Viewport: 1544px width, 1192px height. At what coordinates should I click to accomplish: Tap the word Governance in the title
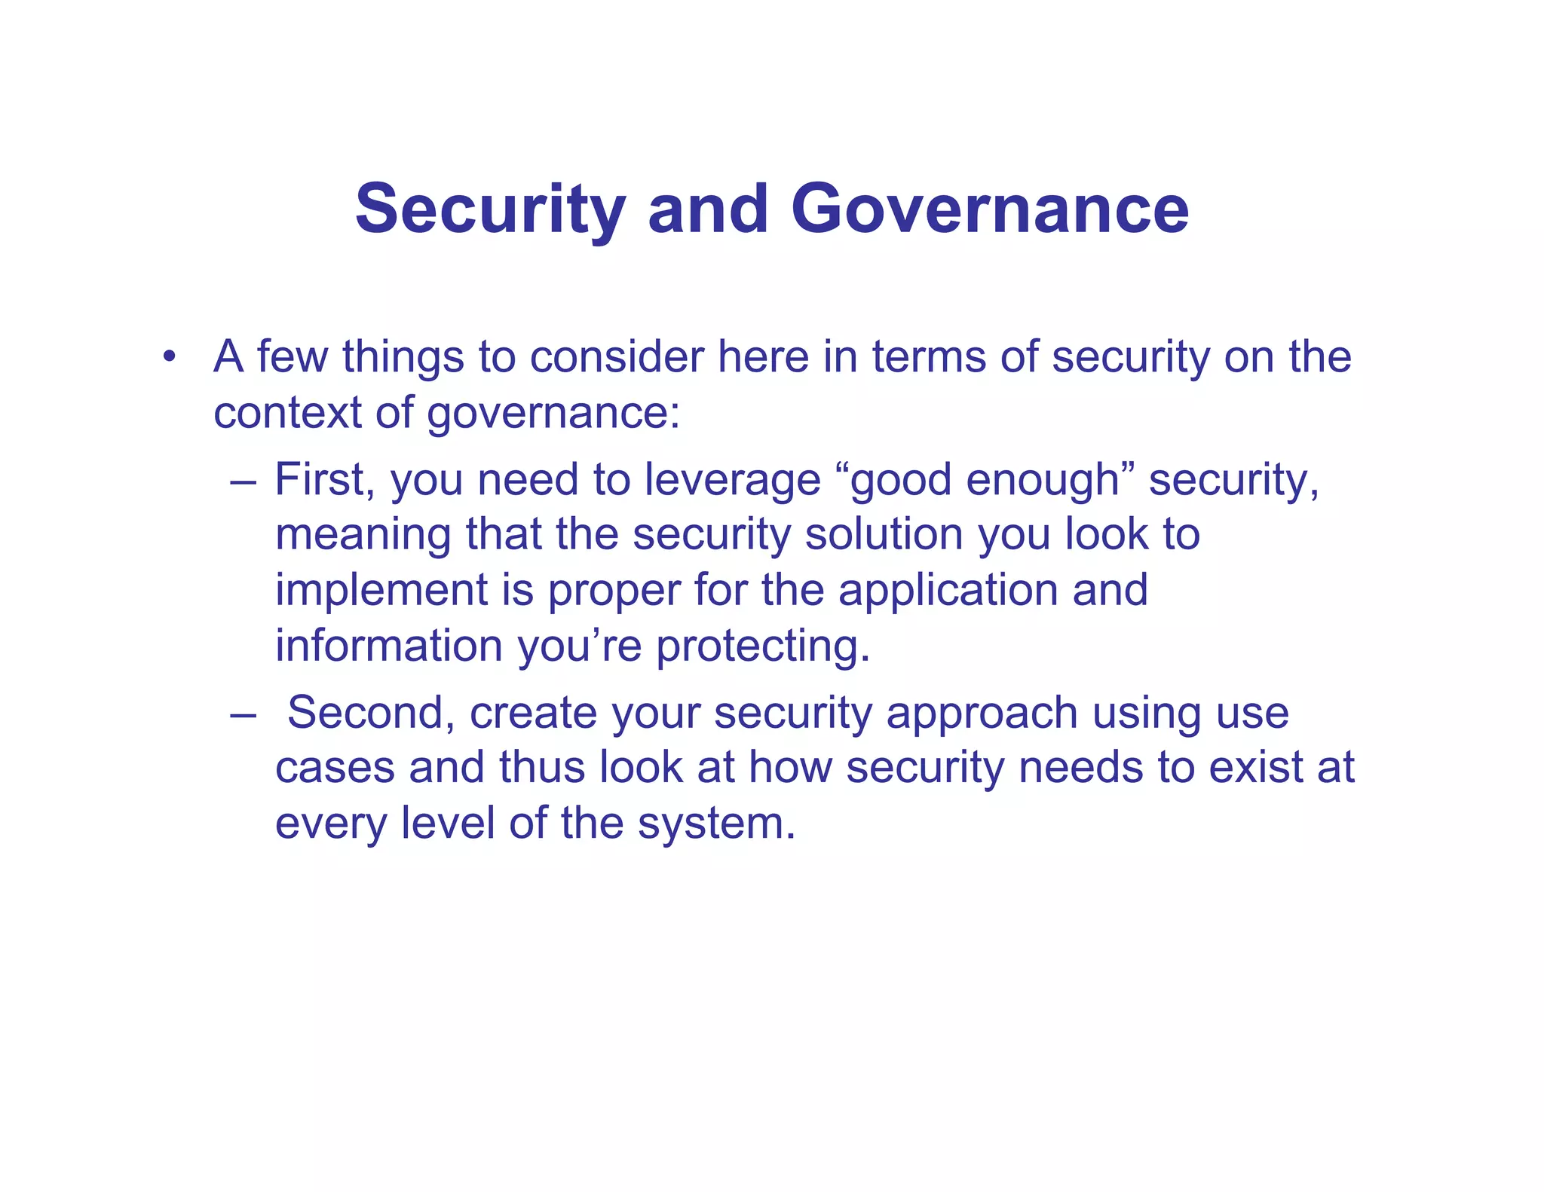point(989,209)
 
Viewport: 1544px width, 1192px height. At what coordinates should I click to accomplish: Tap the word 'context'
point(287,413)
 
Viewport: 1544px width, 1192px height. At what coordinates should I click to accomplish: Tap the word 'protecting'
point(762,646)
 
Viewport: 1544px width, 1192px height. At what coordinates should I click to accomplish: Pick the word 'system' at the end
point(715,824)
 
